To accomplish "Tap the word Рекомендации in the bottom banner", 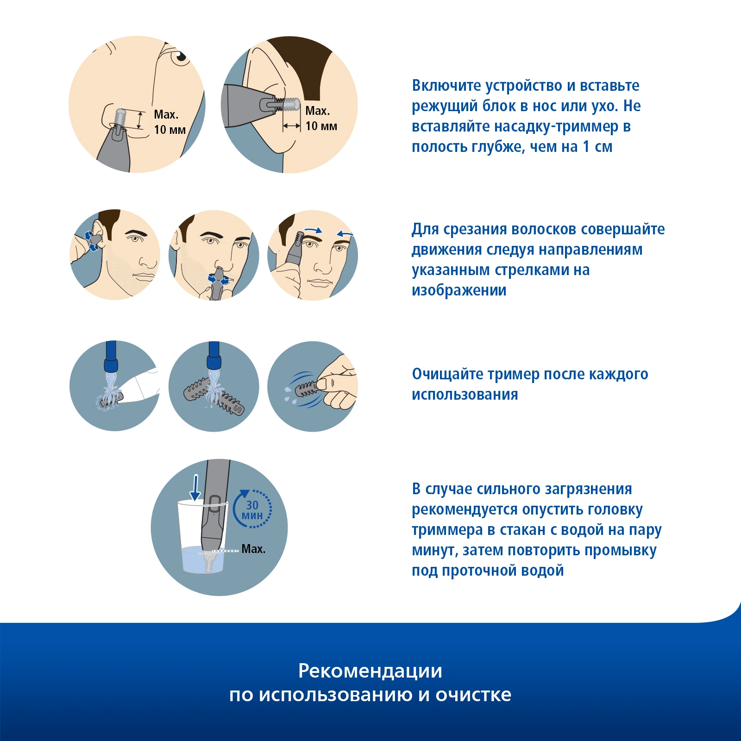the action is [370, 672].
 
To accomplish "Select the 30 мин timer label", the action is [252, 510].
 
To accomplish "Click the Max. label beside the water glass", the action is [253, 549].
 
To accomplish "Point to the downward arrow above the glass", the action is [195, 488].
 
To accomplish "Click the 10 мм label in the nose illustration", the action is [170, 130].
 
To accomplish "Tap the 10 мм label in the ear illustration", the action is [321, 126].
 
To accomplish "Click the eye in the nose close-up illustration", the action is [179, 57].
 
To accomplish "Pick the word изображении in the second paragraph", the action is [459, 290].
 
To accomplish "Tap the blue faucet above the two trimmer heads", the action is [214, 356].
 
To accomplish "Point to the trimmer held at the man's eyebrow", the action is [295, 250].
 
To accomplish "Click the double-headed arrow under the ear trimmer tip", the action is [292, 126].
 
